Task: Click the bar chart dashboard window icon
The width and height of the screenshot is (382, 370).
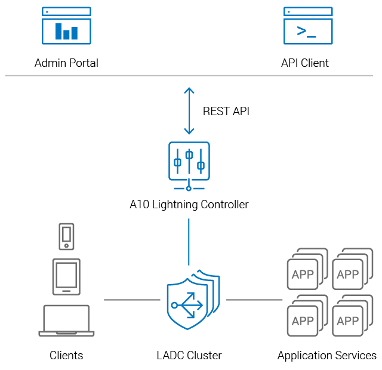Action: click(66, 26)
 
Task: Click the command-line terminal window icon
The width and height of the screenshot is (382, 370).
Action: click(308, 26)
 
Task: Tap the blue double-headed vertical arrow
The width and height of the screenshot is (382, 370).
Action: click(189, 111)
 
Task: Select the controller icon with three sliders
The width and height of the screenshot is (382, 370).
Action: click(189, 161)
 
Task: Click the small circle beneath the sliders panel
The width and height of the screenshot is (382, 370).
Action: click(189, 189)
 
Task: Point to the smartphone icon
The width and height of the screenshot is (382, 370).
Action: click(66, 236)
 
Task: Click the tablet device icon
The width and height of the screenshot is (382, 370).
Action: click(66, 276)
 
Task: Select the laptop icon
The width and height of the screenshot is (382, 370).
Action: click(66, 320)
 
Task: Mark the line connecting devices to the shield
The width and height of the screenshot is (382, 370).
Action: click(131, 300)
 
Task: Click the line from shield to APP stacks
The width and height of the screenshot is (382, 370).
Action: click(254, 300)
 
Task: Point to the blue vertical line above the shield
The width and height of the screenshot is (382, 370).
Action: click(189, 242)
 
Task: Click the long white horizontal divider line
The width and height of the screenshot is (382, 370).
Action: click(189, 76)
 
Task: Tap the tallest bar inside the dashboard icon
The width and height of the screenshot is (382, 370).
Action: click(58, 32)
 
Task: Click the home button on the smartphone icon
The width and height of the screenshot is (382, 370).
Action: click(66, 246)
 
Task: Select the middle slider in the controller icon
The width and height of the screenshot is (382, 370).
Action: click(189, 156)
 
